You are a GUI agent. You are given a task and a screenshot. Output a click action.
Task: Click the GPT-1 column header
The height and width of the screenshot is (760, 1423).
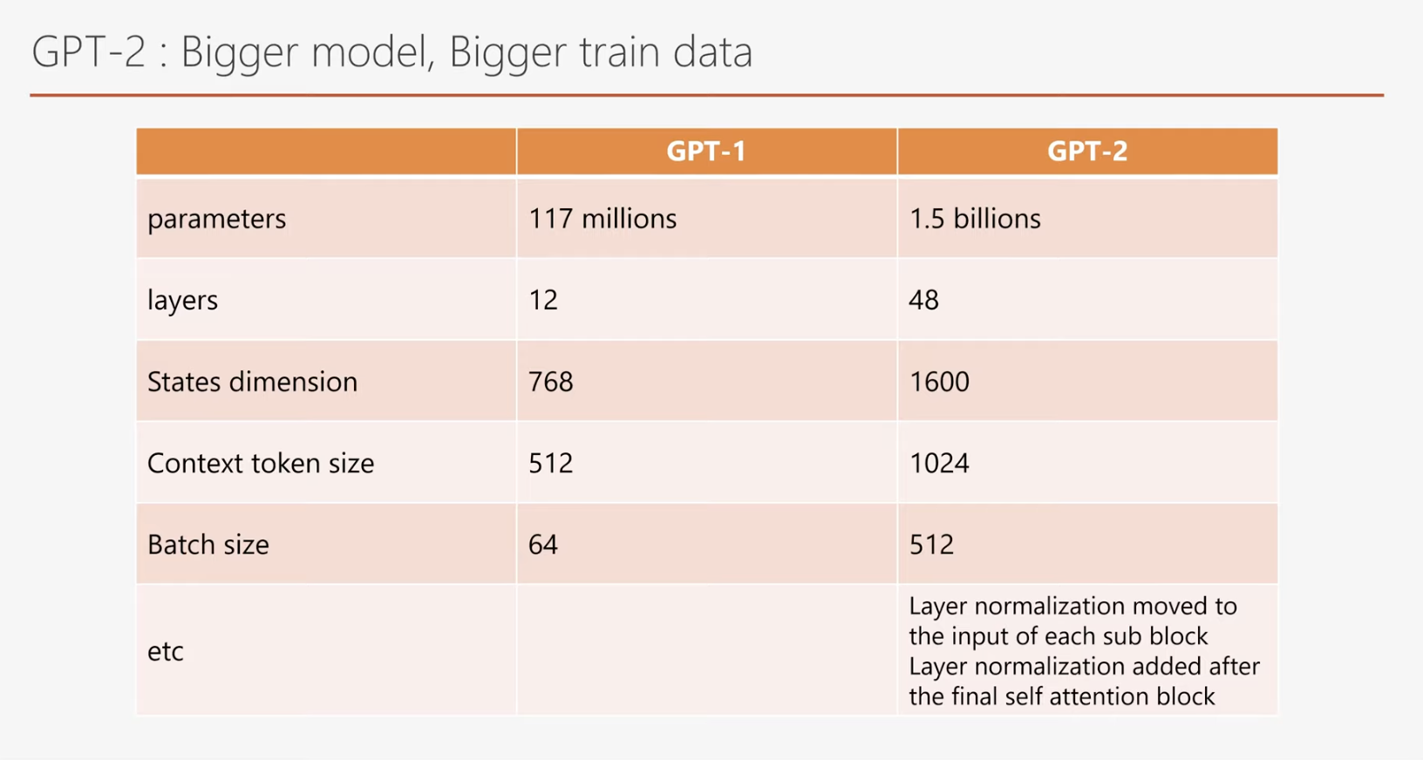point(706,152)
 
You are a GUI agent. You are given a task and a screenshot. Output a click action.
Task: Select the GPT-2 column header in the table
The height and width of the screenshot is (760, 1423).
point(1087,152)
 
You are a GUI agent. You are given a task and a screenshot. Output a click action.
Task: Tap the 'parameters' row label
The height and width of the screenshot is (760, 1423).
point(216,219)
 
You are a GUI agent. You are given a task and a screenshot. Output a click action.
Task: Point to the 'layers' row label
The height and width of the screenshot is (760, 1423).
point(182,300)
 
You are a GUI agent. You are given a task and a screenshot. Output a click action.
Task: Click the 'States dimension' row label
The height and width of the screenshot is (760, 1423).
point(252,382)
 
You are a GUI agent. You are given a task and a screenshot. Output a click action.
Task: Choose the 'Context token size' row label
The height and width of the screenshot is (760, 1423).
point(260,463)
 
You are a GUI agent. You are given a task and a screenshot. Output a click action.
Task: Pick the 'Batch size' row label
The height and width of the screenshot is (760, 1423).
point(208,545)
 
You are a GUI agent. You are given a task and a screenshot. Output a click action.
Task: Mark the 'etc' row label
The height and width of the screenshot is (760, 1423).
point(165,651)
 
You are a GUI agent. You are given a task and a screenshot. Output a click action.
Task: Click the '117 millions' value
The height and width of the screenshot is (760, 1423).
point(602,219)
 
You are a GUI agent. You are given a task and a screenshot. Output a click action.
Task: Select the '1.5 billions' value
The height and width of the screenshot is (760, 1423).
point(974,219)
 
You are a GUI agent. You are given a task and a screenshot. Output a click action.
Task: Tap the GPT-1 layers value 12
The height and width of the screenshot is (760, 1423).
point(542,300)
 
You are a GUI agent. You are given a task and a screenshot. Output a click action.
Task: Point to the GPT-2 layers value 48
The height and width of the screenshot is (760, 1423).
point(923,300)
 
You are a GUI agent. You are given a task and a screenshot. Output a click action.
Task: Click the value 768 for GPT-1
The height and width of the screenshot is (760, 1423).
point(550,382)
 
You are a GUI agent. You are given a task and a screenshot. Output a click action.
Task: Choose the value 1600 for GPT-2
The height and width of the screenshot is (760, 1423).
point(938,382)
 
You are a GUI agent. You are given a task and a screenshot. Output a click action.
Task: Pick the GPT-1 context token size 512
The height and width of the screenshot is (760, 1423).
point(550,463)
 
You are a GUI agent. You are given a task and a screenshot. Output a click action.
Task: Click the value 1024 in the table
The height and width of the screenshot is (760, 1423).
point(938,463)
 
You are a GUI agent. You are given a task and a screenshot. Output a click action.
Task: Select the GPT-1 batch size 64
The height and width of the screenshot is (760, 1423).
point(542,545)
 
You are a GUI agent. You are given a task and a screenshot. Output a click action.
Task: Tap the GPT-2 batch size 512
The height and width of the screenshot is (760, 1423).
point(931,545)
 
